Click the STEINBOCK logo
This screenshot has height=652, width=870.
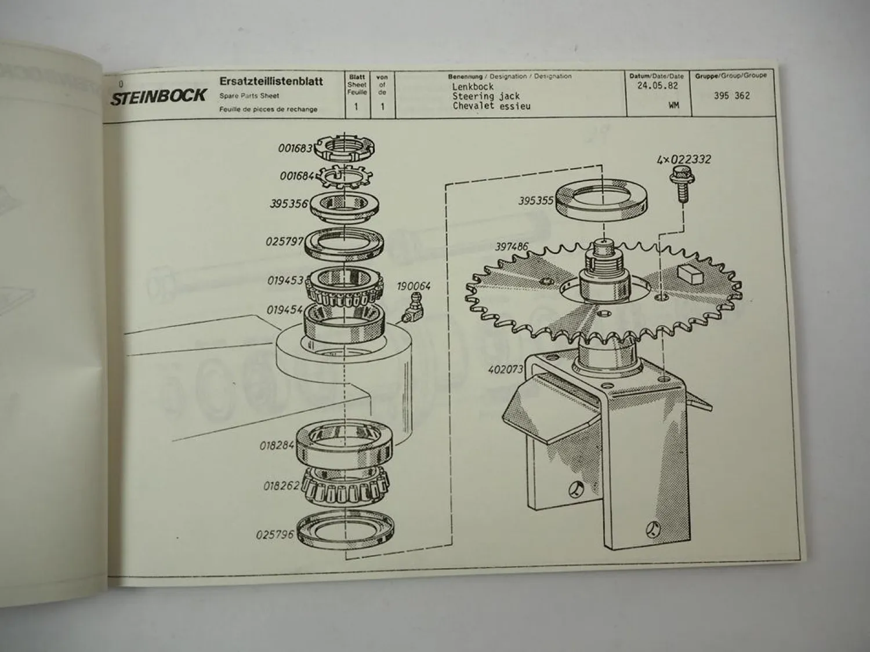pos(158,96)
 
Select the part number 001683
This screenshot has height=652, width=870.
pos(295,148)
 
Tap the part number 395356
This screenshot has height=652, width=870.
pos(289,204)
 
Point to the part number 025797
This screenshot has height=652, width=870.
pos(285,241)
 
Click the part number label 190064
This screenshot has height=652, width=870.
pos(414,286)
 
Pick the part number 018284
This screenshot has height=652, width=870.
pos(277,446)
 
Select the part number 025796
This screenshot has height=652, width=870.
pos(275,534)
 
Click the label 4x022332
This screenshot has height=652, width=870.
pos(684,159)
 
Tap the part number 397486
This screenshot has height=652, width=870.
pos(512,247)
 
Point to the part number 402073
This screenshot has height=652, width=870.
pos(505,369)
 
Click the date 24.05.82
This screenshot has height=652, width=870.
pos(657,86)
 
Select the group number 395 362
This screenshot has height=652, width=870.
pos(731,96)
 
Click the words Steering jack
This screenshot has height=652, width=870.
pos(485,96)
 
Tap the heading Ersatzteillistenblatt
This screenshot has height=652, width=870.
pos(271,81)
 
